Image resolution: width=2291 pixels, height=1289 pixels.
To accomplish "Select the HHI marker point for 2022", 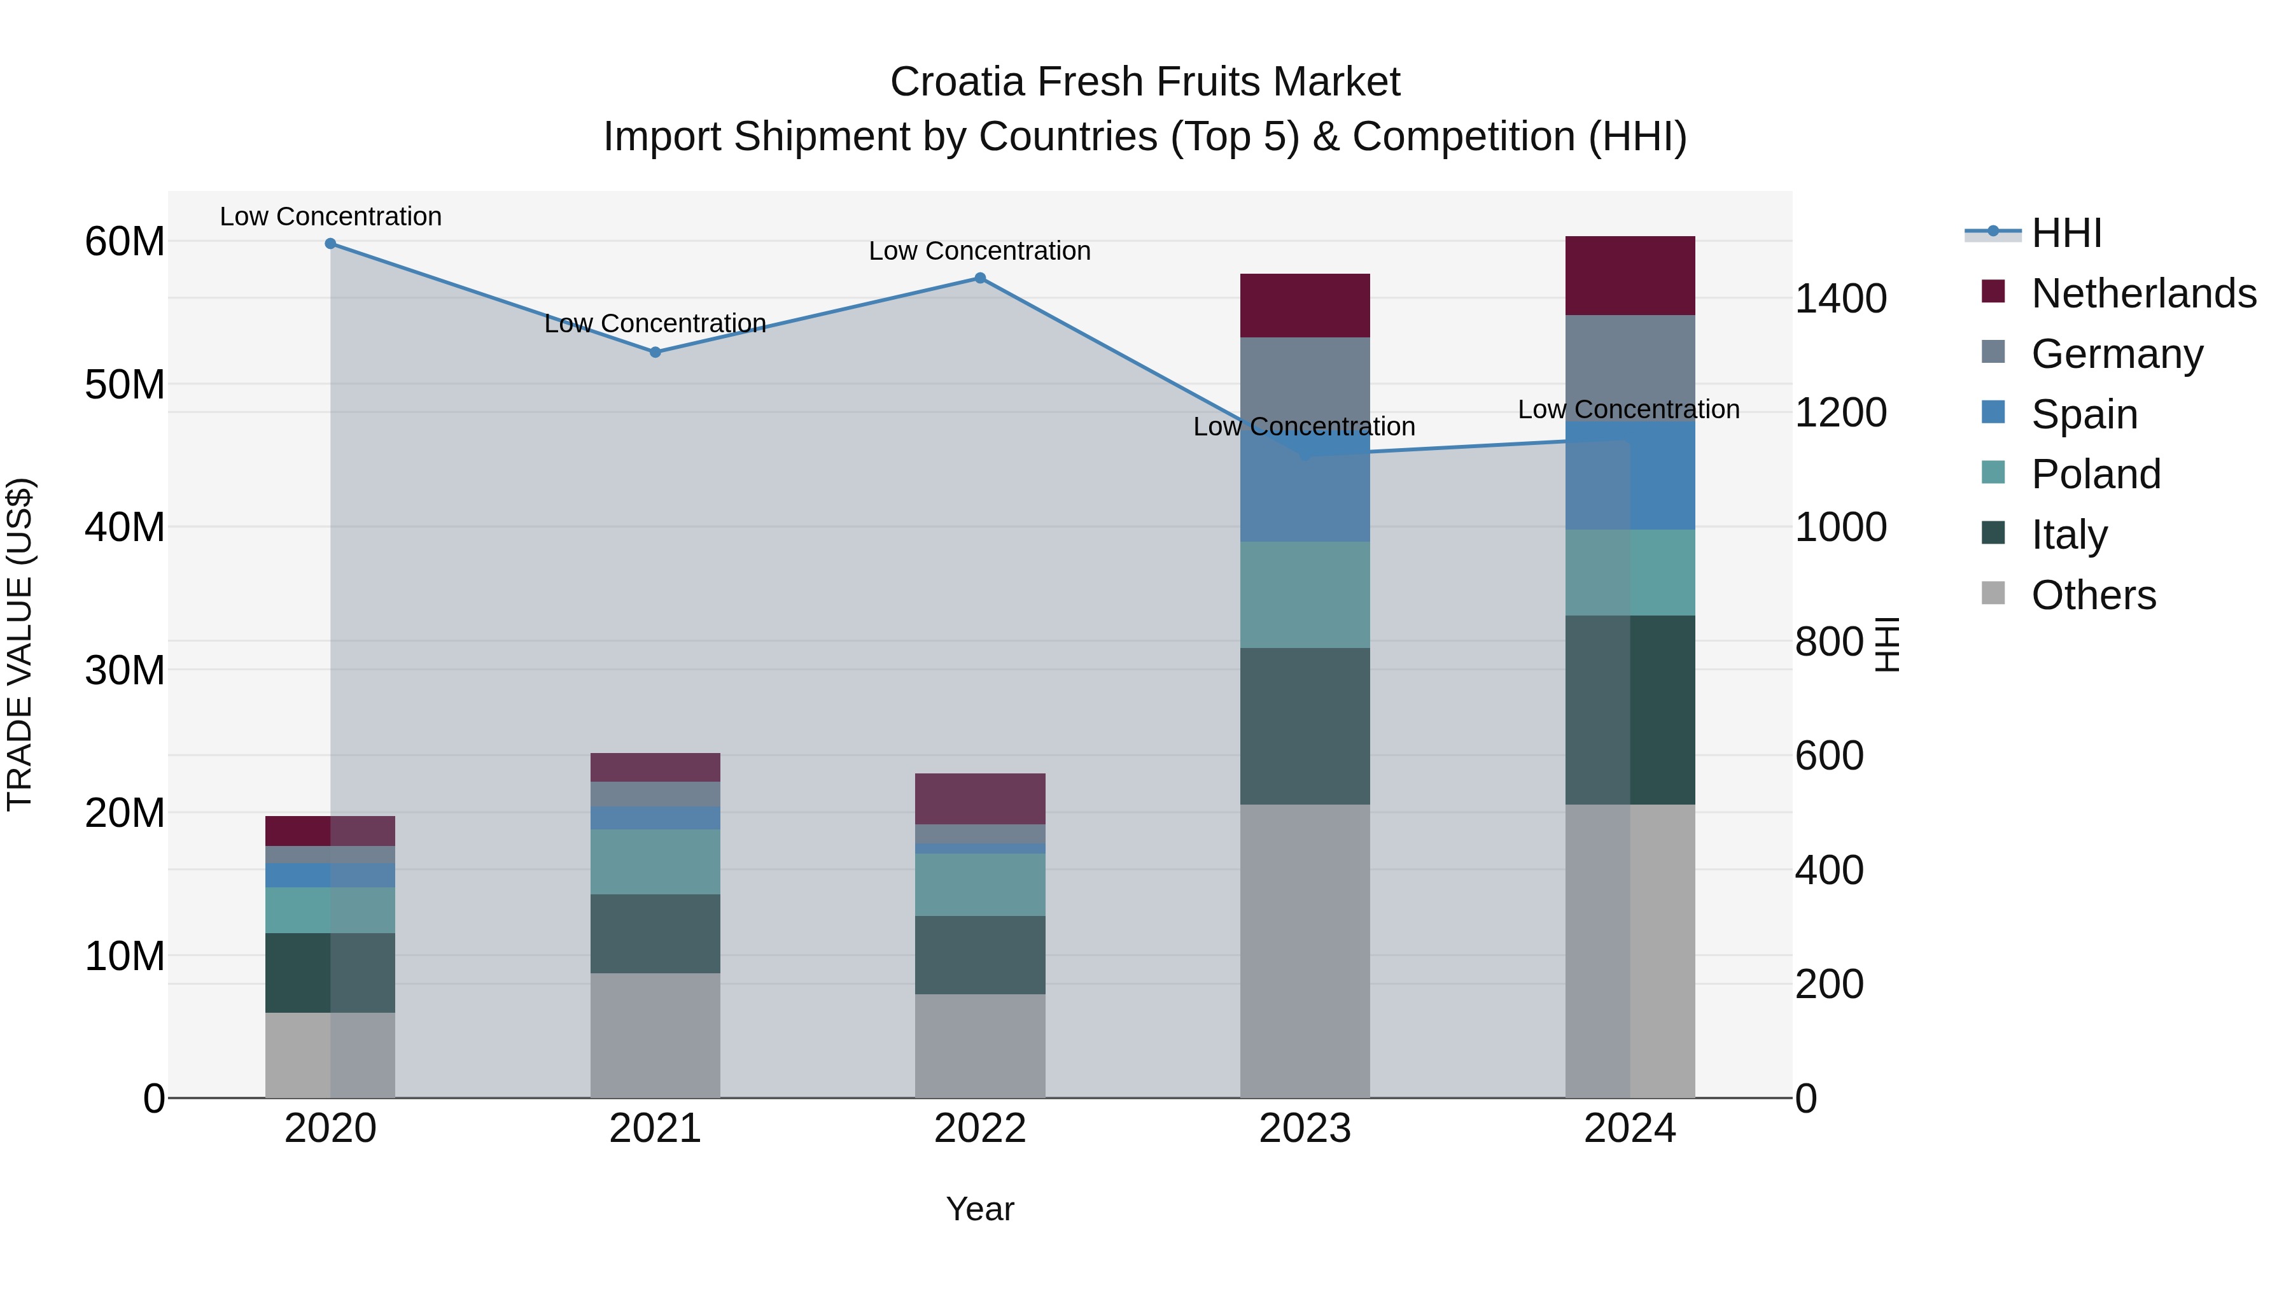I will (x=980, y=278).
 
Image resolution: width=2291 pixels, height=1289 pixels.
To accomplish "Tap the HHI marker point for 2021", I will (x=655, y=352).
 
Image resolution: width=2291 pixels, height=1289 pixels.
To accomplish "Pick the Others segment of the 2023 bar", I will (x=1305, y=951).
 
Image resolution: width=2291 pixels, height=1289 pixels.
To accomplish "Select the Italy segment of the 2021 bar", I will (x=655, y=933).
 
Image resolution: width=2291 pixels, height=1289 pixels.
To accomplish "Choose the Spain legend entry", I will (x=2084, y=414).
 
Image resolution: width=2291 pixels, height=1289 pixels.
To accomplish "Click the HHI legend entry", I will (x=2066, y=233).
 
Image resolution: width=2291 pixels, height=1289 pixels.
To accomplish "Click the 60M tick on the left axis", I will (x=125, y=242).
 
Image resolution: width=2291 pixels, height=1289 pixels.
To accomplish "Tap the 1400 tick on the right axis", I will (x=1840, y=299).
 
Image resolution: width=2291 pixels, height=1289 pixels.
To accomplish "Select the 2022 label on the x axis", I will (x=980, y=1129).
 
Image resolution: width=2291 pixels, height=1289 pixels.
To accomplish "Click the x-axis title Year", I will (x=980, y=1209).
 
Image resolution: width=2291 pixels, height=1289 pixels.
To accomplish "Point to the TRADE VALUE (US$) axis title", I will (x=20, y=644).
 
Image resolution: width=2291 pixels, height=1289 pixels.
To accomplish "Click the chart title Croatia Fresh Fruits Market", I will (x=1145, y=82).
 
